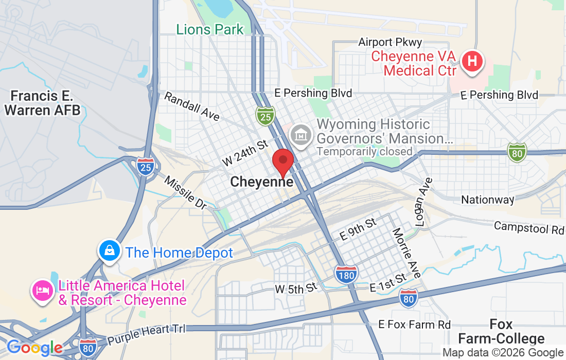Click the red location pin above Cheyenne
tap(282, 161)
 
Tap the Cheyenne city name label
tap(262, 182)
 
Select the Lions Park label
tap(209, 29)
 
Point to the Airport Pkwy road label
tap(390, 42)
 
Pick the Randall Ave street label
tap(192, 106)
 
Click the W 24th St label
tap(245, 153)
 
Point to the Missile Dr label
tap(185, 192)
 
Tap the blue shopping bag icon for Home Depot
tap(110, 251)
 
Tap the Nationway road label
tap(487, 200)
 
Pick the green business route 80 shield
tap(517, 152)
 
